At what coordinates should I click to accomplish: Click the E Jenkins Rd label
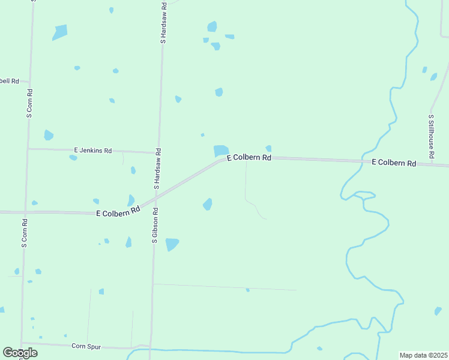click(x=92, y=151)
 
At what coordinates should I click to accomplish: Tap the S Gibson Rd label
click(x=154, y=225)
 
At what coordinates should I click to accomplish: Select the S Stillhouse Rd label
click(x=431, y=137)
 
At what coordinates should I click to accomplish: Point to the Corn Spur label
click(x=86, y=346)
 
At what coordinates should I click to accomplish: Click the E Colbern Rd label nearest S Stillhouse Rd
click(x=394, y=163)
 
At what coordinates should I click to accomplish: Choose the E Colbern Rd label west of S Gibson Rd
click(x=118, y=212)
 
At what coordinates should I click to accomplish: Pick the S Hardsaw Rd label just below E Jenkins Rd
click(x=157, y=169)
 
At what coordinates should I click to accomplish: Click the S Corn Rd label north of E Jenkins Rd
click(x=29, y=103)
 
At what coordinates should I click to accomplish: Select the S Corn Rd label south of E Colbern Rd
click(x=24, y=233)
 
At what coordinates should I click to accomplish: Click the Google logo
click(x=20, y=353)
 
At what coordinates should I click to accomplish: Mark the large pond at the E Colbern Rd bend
click(x=221, y=151)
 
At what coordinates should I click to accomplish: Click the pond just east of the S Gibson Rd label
click(x=172, y=244)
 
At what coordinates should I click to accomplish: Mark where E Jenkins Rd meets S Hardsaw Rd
click(x=158, y=152)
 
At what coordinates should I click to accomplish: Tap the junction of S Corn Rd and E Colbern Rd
click(x=25, y=212)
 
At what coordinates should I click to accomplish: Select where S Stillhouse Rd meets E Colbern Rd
click(x=432, y=164)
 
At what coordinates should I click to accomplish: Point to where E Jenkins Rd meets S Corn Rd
click(x=28, y=149)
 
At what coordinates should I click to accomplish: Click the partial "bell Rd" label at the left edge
click(x=10, y=81)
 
